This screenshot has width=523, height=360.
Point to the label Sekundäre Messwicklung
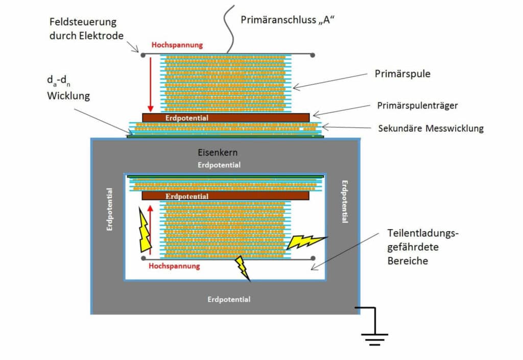click(431, 128)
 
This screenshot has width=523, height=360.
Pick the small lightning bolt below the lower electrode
click(242, 269)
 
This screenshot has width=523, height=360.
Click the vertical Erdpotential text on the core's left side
click(110, 210)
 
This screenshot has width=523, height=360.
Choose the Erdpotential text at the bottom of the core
click(229, 299)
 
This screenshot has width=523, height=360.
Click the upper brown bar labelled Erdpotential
click(226, 117)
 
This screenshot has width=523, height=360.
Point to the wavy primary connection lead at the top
click(228, 28)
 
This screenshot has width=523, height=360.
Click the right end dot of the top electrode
click(313, 55)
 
